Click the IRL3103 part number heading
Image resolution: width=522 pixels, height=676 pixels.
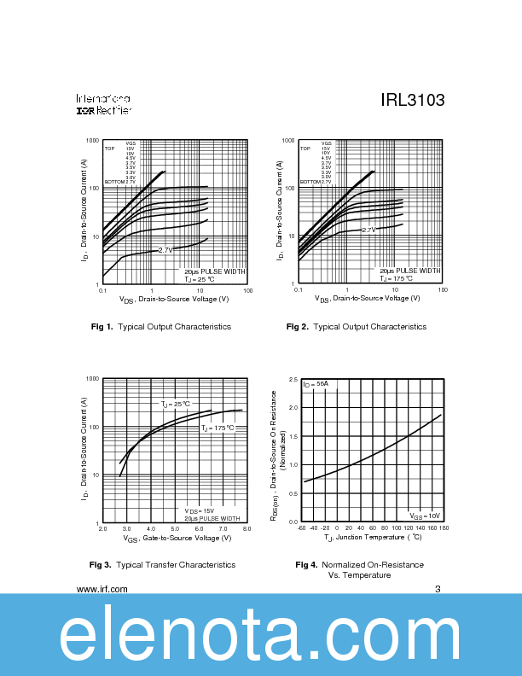point(413,101)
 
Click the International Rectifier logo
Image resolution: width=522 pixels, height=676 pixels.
point(103,104)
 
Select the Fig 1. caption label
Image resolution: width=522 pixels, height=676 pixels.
point(102,327)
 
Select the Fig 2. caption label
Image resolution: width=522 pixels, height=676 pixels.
point(298,327)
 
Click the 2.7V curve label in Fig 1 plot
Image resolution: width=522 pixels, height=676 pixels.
point(165,250)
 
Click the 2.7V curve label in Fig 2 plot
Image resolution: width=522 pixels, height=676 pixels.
point(368,230)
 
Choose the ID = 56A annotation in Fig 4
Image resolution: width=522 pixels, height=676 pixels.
point(316,384)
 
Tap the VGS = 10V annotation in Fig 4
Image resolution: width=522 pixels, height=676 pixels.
point(424,516)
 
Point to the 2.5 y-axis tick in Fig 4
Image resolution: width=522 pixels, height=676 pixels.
point(293,378)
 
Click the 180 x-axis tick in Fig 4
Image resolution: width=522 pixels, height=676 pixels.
point(444,528)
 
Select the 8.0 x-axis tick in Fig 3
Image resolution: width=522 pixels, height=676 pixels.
point(246,530)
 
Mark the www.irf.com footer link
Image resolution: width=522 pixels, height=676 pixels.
point(102,589)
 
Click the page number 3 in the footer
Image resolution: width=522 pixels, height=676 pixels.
point(437,589)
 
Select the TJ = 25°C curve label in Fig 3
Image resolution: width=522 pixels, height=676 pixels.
point(176,404)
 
